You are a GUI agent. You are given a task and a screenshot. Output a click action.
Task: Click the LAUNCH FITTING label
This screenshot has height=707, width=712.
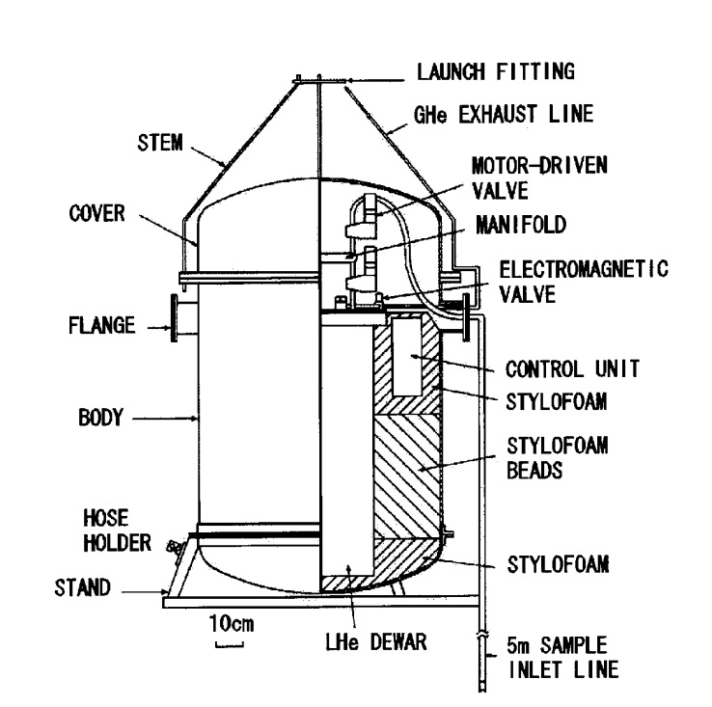pyautogui.click(x=495, y=71)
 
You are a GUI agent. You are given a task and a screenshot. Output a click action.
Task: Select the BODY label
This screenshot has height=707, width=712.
pyautogui.click(x=99, y=420)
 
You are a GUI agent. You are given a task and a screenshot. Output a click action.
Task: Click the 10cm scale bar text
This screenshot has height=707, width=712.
pyautogui.click(x=232, y=624)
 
